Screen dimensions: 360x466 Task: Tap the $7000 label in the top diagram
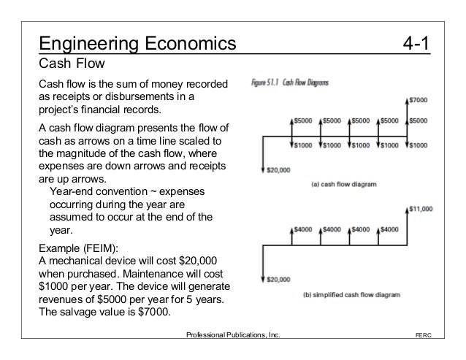419,99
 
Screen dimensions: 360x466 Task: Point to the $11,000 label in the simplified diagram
421,208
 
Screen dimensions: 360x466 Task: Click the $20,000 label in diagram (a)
278,171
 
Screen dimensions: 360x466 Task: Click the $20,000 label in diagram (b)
278,279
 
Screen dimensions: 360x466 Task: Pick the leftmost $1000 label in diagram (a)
307,145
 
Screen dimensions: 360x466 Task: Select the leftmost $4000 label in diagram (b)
307,229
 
